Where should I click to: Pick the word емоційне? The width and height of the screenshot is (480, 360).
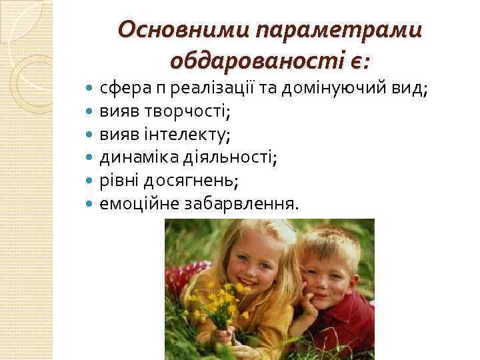coord(133,203)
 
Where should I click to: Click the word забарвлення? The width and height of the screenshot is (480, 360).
coord(233,203)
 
